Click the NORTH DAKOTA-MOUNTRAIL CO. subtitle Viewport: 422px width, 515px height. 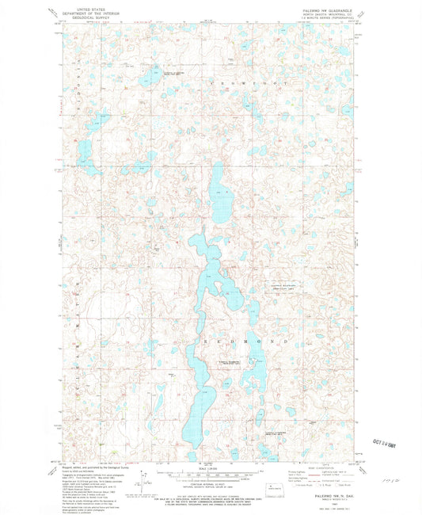click(326, 16)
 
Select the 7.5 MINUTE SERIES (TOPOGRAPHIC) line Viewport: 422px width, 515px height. click(326, 21)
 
